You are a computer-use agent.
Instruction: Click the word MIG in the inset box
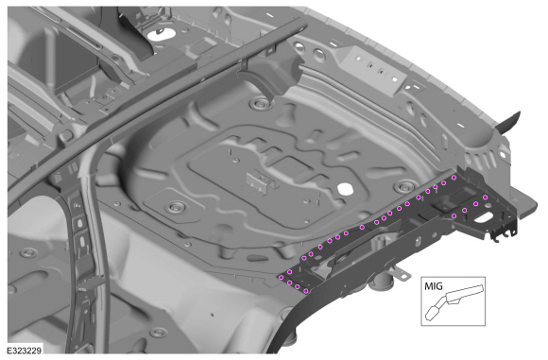point(433,286)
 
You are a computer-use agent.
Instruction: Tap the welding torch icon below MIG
point(454,302)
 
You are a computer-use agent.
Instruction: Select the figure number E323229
point(25,350)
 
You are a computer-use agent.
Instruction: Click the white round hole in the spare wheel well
point(345,188)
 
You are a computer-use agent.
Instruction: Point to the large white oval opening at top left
point(162,34)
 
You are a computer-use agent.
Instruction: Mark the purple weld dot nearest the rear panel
point(454,178)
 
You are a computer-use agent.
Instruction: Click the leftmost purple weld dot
point(281,278)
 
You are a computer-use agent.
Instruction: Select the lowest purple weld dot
point(306,290)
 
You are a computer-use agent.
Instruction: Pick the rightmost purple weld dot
point(485,197)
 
